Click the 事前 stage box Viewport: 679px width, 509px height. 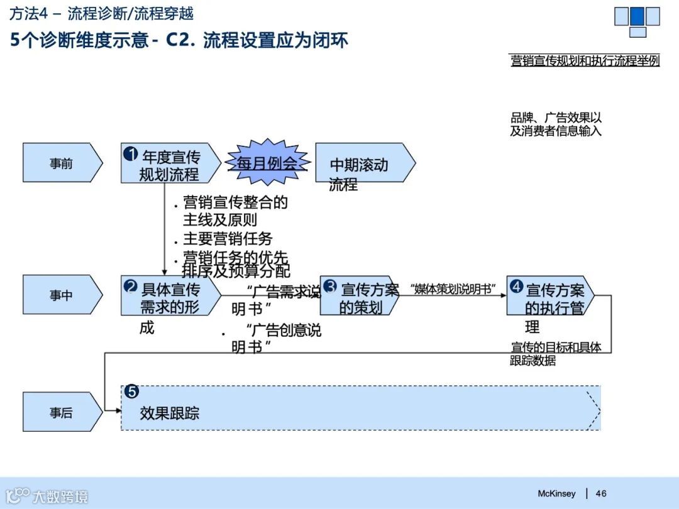click(62, 163)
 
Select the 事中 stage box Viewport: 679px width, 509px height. click(62, 295)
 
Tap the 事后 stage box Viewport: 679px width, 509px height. click(62, 412)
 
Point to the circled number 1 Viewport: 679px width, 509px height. click(131, 153)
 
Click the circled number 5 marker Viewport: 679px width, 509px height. click(131, 391)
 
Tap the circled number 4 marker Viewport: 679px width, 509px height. click(516, 287)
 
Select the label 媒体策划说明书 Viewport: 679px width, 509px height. click(453, 288)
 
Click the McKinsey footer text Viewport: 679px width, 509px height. click(556, 494)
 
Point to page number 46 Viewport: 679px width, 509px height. click(601, 494)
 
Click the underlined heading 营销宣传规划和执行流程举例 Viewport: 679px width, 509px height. click(585, 61)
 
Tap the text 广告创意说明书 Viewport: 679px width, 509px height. click(277, 338)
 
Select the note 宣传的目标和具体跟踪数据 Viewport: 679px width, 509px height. click(556, 354)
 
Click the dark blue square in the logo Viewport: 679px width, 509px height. click(637, 16)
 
